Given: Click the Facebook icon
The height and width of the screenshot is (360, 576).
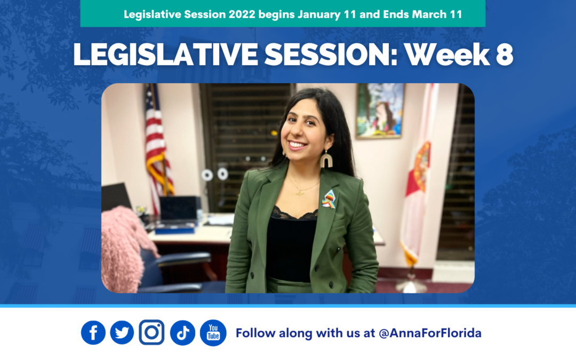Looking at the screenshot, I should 93,333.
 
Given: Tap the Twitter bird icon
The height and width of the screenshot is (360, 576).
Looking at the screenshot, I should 122,333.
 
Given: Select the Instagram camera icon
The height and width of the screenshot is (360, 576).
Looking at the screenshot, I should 152,333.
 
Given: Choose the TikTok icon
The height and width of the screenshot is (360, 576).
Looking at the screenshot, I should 183,333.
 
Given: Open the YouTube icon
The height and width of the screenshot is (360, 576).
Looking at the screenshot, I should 213,333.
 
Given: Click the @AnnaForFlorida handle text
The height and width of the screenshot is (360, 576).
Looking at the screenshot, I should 430,334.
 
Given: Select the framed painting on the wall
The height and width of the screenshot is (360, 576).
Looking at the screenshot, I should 380,110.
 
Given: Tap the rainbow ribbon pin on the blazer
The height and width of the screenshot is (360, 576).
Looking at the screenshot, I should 329,198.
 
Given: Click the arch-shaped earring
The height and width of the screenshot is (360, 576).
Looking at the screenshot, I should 326,159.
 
